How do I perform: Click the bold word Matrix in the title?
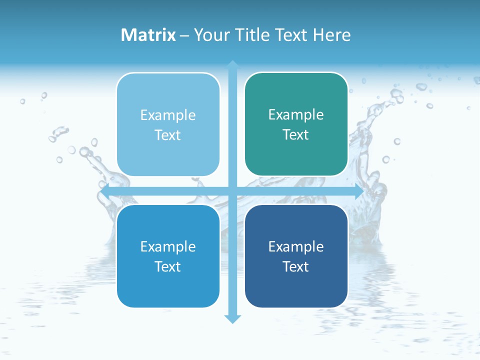[x=148, y=35]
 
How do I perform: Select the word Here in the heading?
[x=332, y=35]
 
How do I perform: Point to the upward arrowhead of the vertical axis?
[x=232, y=65]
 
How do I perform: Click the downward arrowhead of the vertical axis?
[x=232, y=318]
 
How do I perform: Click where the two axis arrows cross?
[x=232, y=191]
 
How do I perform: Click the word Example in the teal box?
[x=296, y=115]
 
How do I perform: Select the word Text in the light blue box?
[x=168, y=135]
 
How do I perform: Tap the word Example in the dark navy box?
[x=296, y=246]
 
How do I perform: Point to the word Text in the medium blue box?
[x=168, y=267]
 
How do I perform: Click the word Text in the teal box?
[x=296, y=135]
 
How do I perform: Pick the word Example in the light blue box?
[x=168, y=115]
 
